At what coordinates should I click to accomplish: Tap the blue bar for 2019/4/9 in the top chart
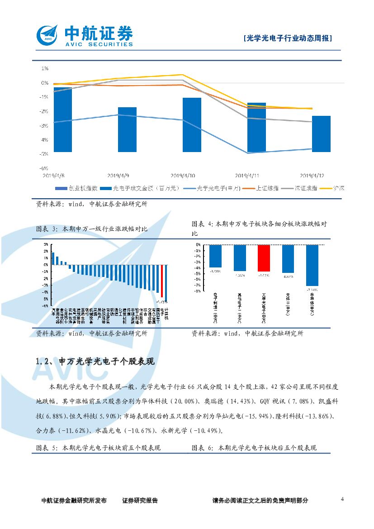click(127, 129)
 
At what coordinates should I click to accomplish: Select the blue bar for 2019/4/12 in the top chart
click(322, 133)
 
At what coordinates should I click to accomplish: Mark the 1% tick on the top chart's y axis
click(45, 69)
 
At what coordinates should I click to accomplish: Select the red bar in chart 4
click(264, 258)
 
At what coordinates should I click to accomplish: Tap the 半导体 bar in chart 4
click(312, 265)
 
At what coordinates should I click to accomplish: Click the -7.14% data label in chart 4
click(312, 289)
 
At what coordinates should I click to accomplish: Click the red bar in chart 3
click(162, 280)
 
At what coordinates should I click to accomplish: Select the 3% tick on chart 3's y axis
click(46, 244)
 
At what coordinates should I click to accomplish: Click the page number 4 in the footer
click(342, 499)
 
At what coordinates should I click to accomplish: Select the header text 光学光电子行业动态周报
click(288, 39)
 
